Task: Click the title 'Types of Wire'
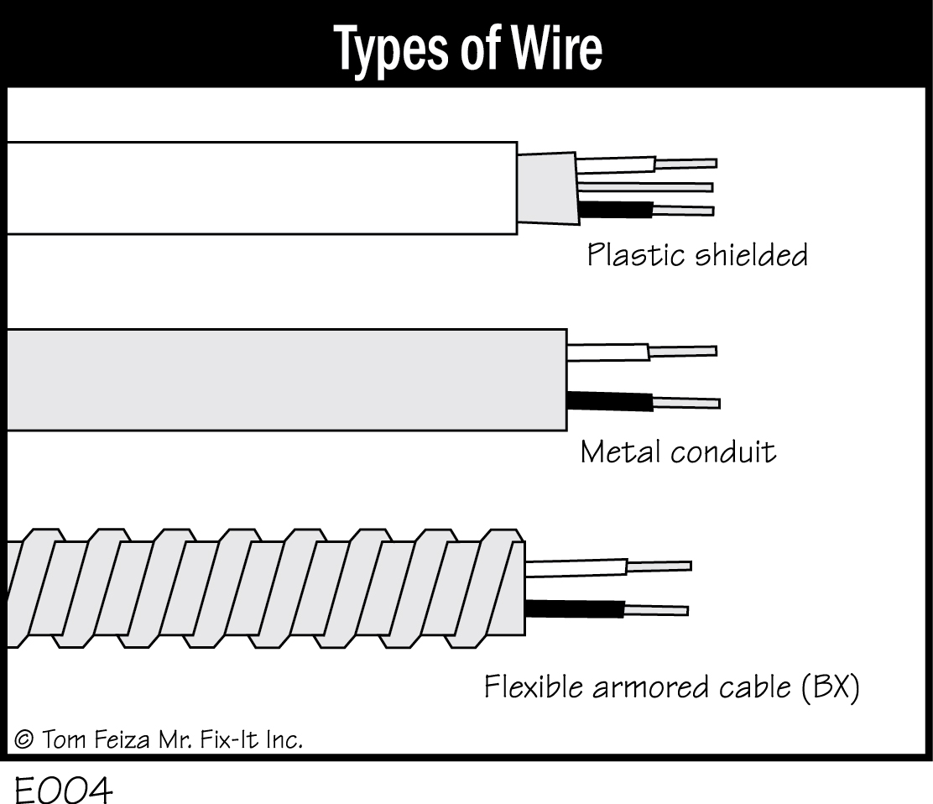click(x=468, y=48)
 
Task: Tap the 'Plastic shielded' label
click(x=696, y=254)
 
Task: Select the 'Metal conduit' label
click(x=678, y=452)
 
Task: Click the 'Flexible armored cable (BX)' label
click(x=671, y=687)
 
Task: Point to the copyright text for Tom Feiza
click(x=159, y=739)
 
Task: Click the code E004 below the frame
click(x=62, y=790)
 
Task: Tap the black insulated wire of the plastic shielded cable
click(x=616, y=210)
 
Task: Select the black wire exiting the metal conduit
click(x=609, y=401)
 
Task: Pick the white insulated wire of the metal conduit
click(x=607, y=352)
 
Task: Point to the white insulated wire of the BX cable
click(x=576, y=568)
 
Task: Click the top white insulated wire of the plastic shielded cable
click(x=615, y=164)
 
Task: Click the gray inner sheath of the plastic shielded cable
click(x=547, y=188)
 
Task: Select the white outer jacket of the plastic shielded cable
click(x=260, y=187)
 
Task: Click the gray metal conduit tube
click(x=285, y=379)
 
